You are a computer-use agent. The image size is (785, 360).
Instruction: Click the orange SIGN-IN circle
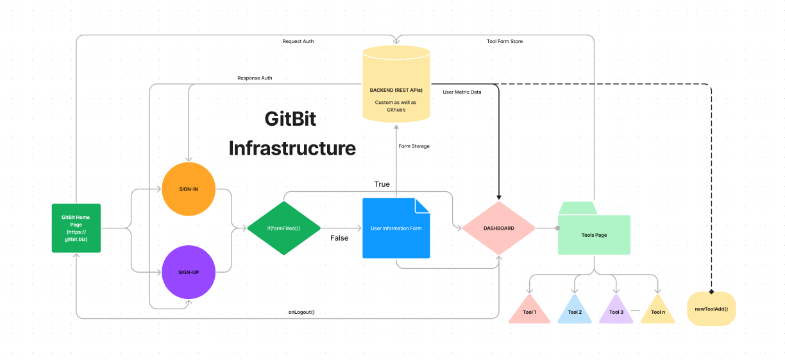click(x=189, y=189)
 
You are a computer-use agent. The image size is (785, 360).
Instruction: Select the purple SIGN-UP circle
click(x=189, y=272)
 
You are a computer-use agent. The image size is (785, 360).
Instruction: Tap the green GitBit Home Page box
click(x=76, y=228)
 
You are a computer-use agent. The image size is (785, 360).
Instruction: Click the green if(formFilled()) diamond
click(x=283, y=228)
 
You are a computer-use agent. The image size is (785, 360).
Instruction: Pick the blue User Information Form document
click(x=396, y=228)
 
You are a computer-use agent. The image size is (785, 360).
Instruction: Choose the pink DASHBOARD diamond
click(x=498, y=228)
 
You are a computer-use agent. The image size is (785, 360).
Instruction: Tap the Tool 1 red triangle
click(x=529, y=311)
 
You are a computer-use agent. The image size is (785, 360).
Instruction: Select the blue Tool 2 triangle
click(x=575, y=311)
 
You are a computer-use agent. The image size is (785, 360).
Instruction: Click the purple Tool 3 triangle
click(x=616, y=311)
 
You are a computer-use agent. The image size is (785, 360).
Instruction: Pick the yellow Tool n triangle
click(x=658, y=311)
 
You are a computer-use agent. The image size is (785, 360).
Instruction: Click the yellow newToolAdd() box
click(x=711, y=309)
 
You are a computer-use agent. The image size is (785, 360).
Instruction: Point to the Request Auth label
click(x=298, y=41)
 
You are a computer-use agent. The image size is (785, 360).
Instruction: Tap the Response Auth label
click(x=255, y=78)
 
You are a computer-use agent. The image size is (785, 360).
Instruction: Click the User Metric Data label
click(x=462, y=92)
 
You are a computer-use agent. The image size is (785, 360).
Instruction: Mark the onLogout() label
click(x=301, y=312)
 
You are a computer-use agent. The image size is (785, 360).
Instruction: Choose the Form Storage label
click(x=414, y=146)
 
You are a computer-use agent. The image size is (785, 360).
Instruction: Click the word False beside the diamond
click(x=339, y=237)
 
